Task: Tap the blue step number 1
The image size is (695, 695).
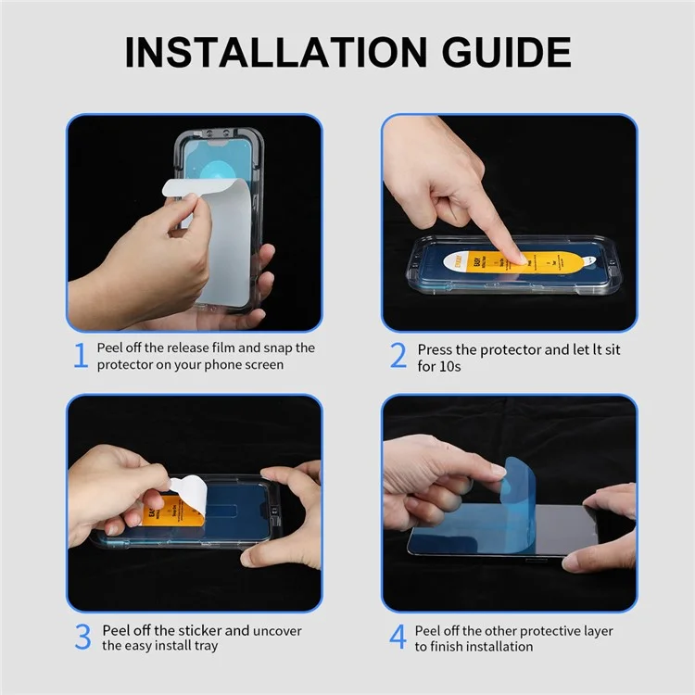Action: click(81, 355)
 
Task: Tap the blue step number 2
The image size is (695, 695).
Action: click(398, 355)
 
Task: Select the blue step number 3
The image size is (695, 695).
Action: click(82, 638)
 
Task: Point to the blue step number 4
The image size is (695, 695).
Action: click(398, 638)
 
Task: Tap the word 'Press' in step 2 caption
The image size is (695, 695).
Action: click(436, 349)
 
